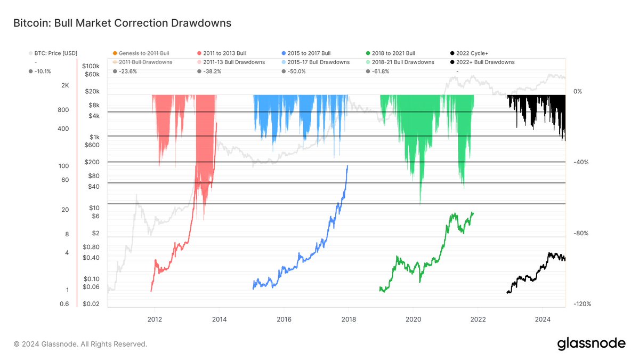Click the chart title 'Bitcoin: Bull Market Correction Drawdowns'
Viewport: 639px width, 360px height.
coord(122,23)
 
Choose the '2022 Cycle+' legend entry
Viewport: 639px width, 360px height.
coord(468,53)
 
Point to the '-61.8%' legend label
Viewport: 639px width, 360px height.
coord(384,71)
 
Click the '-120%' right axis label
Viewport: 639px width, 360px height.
coord(581,304)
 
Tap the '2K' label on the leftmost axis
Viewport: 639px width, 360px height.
coord(65,85)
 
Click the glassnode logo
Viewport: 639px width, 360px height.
coord(591,344)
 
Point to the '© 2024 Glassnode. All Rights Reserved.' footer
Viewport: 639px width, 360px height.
coord(80,345)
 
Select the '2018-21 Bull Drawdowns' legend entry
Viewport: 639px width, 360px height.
coord(403,62)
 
